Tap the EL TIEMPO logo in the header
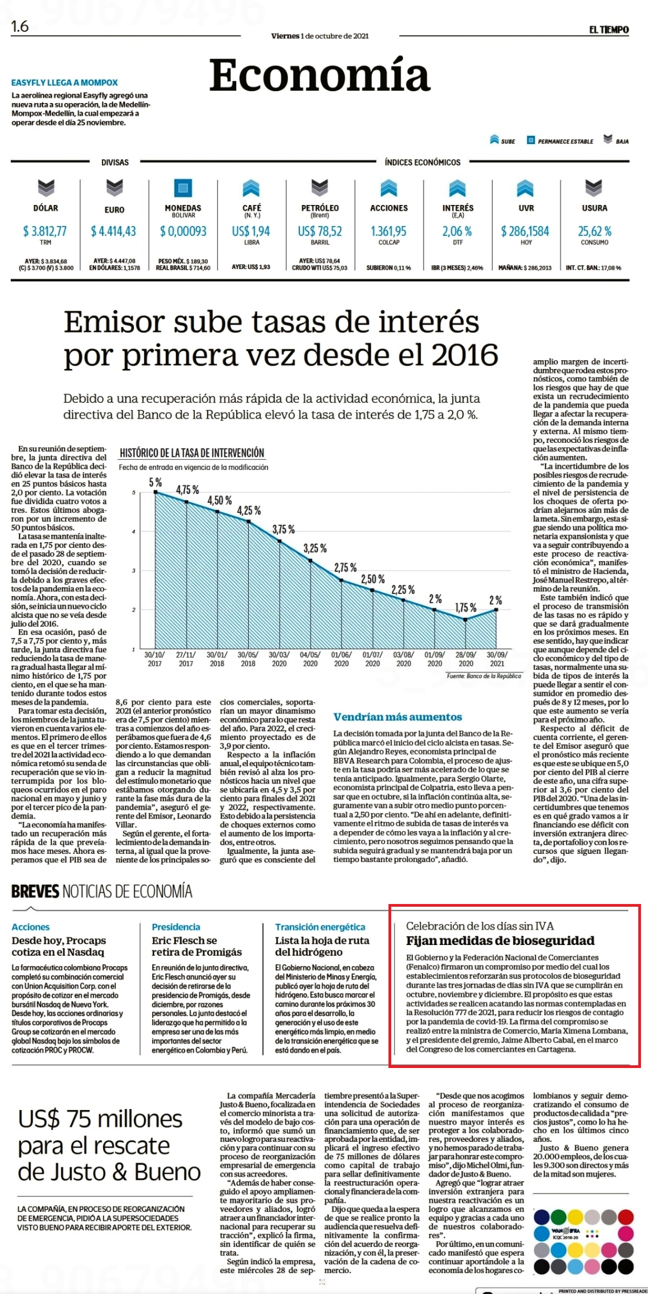tap(609, 30)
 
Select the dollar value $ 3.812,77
tap(45, 231)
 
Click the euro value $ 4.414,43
tap(113, 231)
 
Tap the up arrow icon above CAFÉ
tap(251, 188)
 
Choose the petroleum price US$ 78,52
tap(320, 231)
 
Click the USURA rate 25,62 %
tap(595, 231)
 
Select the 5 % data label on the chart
tap(155, 482)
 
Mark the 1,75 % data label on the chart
tap(466, 608)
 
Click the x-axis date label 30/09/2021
tap(496, 659)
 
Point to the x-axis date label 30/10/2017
tap(155, 659)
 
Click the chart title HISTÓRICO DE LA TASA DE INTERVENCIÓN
tap(192, 453)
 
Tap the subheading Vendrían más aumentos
tap(398, 717)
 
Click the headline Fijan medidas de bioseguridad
tap(500, 941)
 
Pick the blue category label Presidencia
tap(176, 927)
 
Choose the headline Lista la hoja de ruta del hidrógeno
tap(322, 946)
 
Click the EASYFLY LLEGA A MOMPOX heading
tap(65, 83)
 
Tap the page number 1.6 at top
tap(20, 26)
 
